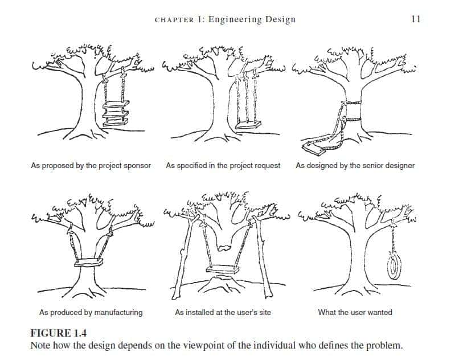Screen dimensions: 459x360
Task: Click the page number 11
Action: click(x=416, y=19)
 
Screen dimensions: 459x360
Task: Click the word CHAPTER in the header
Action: click(x=174, y=20)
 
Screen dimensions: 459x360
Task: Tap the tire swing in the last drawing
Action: click(x=393, y=265)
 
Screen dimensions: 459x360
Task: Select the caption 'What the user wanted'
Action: click(x=355, y=312)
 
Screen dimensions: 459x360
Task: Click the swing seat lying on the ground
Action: click(x=314, y=148)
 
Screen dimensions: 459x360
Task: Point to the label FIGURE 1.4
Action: click(x=59, y=333)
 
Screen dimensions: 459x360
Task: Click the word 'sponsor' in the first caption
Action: click(x=137, y=166)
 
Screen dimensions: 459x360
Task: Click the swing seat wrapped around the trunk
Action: click(x=89, y=263)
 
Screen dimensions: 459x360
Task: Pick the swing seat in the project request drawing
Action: click(x=248, y=126)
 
